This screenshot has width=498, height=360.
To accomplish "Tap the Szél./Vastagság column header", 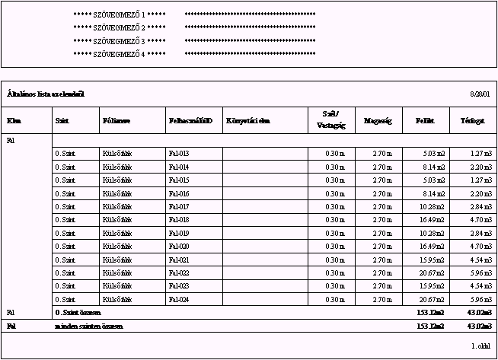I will click(x=331, y=120).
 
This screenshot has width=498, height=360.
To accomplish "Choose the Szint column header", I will click(x=62, y=120).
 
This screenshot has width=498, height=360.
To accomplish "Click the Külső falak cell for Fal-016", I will click(x=117, y=193).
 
